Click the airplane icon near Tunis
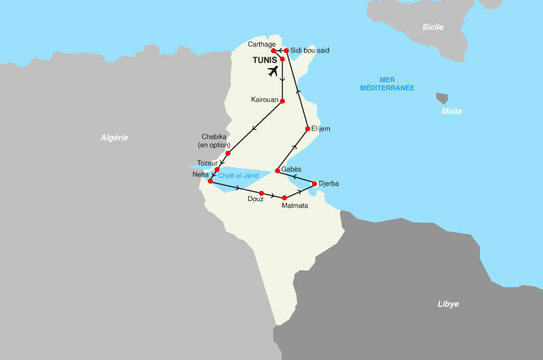click(x=274, y=71)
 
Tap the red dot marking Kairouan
click(x=282, y=101)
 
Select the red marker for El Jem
click(x=307, y=128)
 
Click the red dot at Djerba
click(x=314, y=183)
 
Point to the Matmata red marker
click(x=284, y=198)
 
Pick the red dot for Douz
click(x=261, y=193)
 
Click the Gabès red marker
click(x=278, y=170)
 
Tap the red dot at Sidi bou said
click(x=286, y=50)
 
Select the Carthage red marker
click(x=273, y=51)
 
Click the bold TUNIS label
click(x=265, y=60)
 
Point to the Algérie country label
click(x=114, y=137)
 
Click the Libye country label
click(x=448, y=304)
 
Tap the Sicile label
click(x=432, y=27)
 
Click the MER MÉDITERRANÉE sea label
click(x=388, y=83)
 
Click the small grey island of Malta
click(x=442, y=98)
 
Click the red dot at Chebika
click(x=228, y=153)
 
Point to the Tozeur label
click(x=207, y=163)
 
